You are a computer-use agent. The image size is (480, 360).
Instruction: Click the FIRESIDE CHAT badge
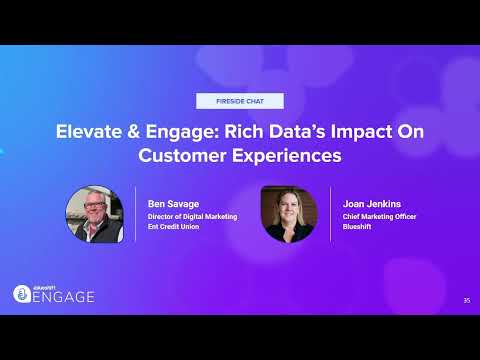click(x=240, y=101)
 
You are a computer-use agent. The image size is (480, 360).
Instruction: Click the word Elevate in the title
click(x=89, y=131)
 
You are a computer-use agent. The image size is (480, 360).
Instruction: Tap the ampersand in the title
click(x=134, y=131)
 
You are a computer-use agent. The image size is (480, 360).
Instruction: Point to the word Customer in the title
click(x=182, y=155)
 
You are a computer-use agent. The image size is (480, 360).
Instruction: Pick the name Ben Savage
click(x=173, y=204)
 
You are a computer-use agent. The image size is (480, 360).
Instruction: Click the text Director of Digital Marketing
click(x=192, y=217)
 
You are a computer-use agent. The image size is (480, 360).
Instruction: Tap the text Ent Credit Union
click(x=173, y=227)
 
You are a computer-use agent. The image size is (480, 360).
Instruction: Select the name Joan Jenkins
click(x=372, y=204)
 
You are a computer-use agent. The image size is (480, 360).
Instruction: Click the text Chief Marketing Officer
click(x=379, y=217)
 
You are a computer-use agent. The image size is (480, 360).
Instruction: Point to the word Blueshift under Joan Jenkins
click(x=357, y=227)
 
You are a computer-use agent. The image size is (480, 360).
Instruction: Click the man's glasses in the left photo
click(x=94, y=205)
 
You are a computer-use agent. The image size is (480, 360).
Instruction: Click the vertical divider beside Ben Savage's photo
click(x=135, y=214)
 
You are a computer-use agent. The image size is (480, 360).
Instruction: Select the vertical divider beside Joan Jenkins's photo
click(x=330, y=214)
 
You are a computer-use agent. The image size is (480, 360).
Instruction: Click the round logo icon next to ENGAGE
click(x=22, y=294)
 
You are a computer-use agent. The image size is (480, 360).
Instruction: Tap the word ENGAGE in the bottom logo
click(x=64, y=297)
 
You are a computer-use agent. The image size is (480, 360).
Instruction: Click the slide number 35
click(x=467, y=300)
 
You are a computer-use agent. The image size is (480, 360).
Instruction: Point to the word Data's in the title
click(x=297, y=131)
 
